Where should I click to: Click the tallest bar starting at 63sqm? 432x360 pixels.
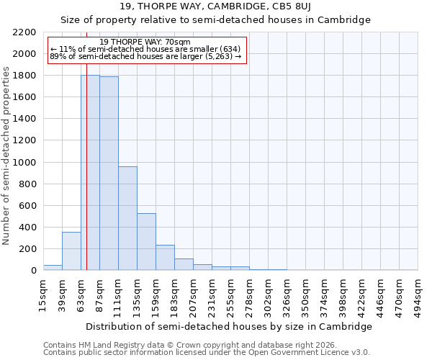pos(90,173)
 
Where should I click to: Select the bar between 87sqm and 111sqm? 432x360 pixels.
pos(109,174)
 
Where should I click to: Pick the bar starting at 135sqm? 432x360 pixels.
pos(146,242)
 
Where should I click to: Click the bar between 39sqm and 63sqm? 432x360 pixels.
pos(71,251)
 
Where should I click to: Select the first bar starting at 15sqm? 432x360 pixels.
pos(53,267)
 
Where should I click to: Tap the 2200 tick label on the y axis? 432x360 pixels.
pos(24,32)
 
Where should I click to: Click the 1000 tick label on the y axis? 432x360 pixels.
pos(24,163)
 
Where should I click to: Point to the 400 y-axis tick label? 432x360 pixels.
pos(27,228)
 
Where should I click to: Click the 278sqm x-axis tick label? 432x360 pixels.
pos(250,294)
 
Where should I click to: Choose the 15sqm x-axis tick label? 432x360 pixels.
pos(44,294)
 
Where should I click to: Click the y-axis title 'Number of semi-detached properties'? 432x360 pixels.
pos(7,156)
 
